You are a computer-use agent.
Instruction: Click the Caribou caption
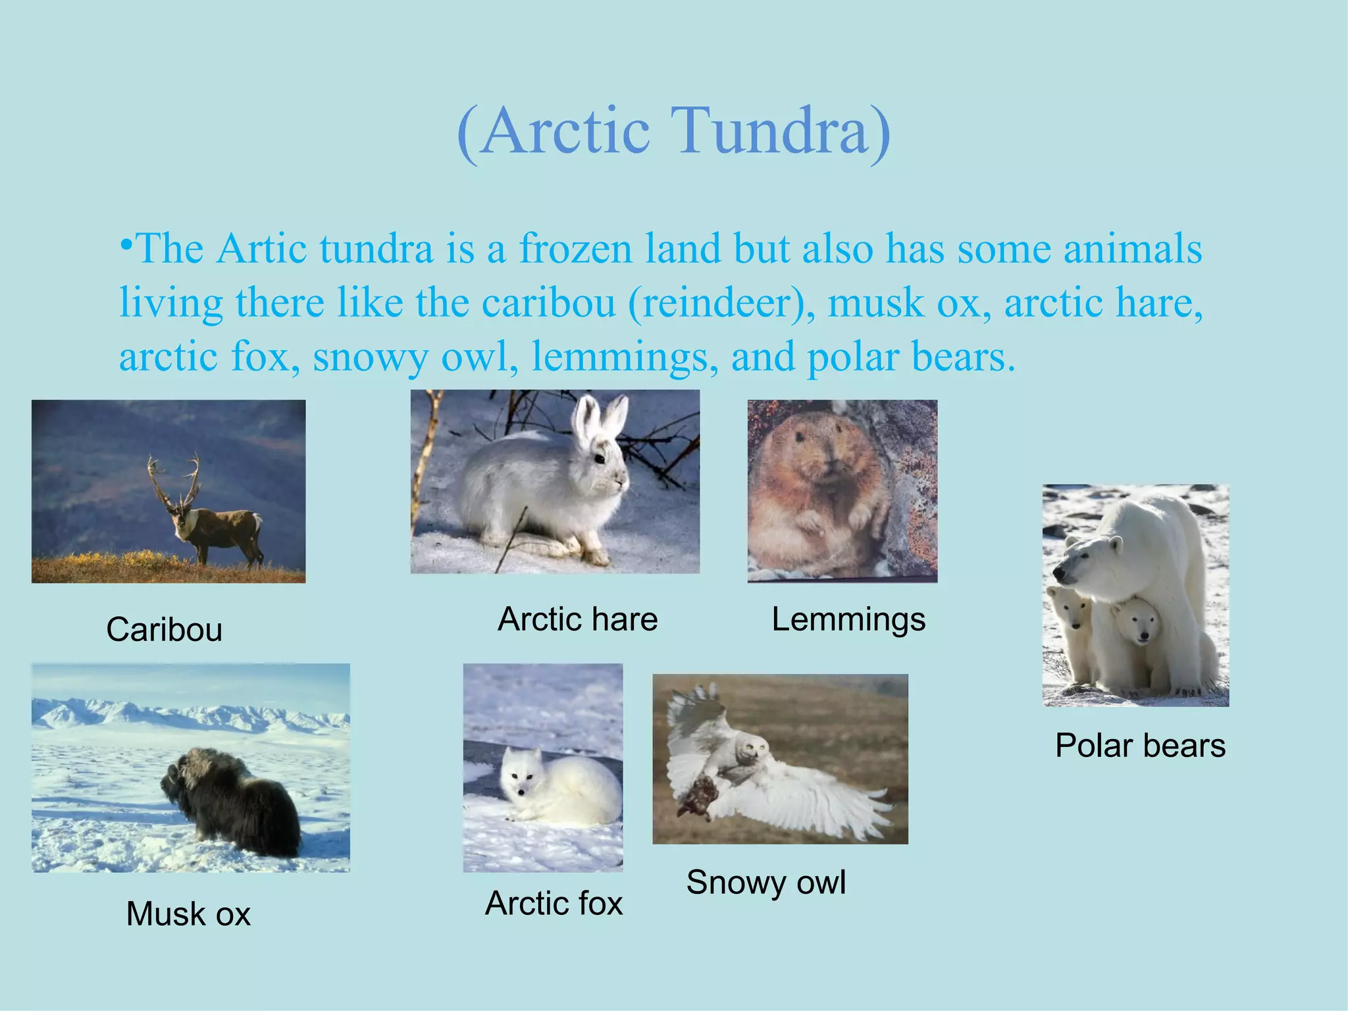click(x=164, y=630)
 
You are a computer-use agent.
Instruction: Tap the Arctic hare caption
click(x=577, y=619)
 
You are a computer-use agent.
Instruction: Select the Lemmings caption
click(x=848, y=619)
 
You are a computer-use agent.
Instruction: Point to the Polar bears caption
click(x=1140, y=746)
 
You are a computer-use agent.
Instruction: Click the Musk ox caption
click(x=188, y=914)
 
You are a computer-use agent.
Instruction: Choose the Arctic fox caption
click(x=554, y=903)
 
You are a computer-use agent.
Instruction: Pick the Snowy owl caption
click(x=765, y=882)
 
